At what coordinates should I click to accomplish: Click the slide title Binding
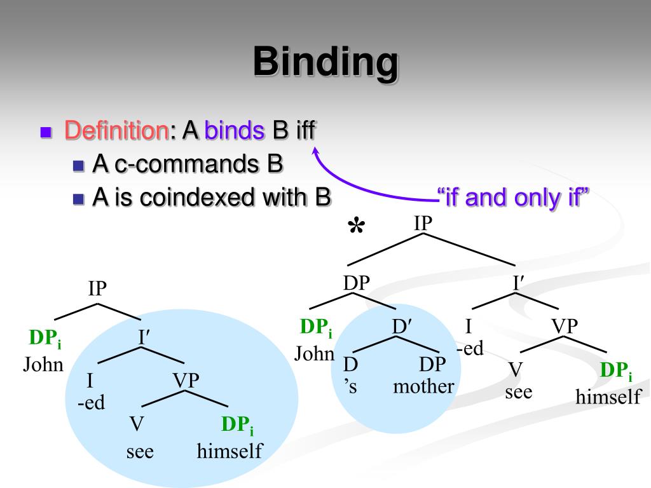pos(325,62)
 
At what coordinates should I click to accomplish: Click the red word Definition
pos(115,131)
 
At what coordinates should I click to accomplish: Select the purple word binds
pos(235,131)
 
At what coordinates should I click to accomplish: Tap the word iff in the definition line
pos(303,131)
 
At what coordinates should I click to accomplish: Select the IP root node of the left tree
pos(97,289)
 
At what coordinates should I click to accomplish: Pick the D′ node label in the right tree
pos(402,327)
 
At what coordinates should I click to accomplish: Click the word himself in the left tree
pos(230,451)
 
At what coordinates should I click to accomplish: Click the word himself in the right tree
pos(608,397)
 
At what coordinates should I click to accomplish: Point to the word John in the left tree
pos(44,365)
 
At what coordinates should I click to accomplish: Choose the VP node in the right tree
pos(565,327)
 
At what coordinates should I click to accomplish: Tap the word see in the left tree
pos(140,451)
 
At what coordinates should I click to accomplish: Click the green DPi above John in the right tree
pos(316,328)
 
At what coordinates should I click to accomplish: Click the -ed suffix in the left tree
pos(91,403)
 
